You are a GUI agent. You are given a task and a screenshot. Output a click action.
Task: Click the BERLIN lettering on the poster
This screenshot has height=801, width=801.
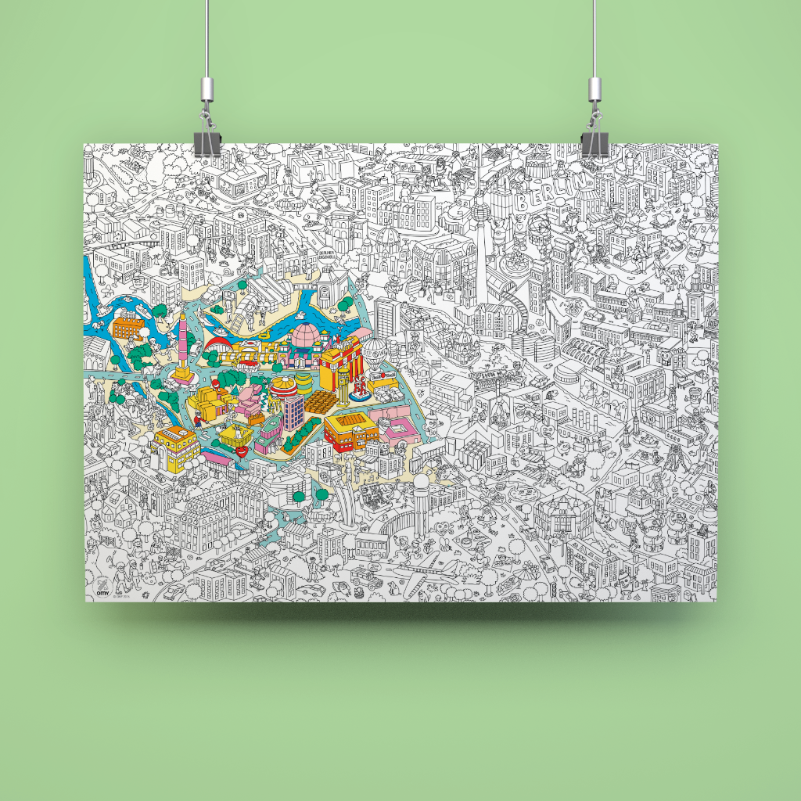(x=557, y=192)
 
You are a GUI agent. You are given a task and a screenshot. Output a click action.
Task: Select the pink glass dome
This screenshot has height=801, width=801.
(x=306, y=339)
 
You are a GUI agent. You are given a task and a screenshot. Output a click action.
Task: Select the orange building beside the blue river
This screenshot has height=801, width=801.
(x=128, y=326)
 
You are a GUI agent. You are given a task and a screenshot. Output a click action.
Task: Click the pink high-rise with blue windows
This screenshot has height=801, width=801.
(x=293, y=411)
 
